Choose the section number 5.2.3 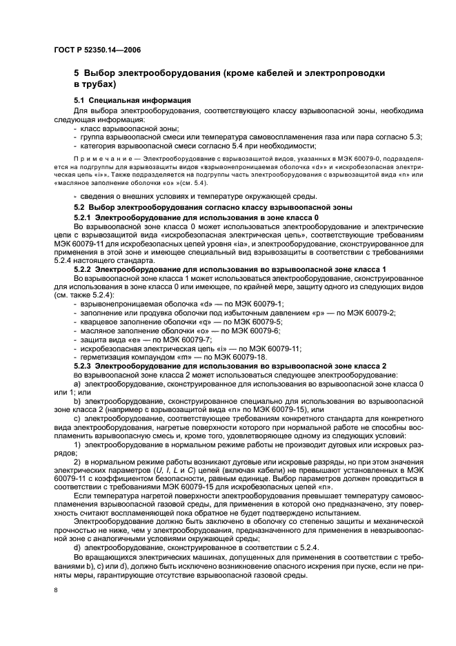(84, 365)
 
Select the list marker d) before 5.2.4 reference (77, 528)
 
